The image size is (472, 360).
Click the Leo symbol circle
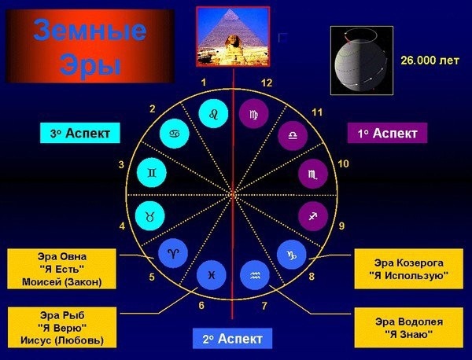(x=213, y=114)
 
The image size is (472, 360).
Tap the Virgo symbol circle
(x=253, y=114)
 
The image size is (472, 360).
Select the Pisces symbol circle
(x=212, y=275)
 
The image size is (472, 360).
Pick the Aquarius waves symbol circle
(x=255, y=275)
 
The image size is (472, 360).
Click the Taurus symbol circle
(x=150, y=216)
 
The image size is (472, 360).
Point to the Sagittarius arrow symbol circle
(x=313, y=216)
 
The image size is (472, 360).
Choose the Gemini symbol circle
(x=152, y=173)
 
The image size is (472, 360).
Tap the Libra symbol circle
(x=293, y=136)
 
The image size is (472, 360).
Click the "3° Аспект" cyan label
(x=80, y=133)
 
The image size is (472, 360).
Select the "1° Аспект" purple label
(x=387, y=133)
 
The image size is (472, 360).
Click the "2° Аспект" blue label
(x=232, y=339)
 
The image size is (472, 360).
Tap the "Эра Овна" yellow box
(x=61, y=269)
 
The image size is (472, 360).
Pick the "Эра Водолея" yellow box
(x=409, y=328)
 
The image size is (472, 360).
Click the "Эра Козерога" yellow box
(x=409, y=269)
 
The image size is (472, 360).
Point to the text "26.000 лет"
(x=430, y=61)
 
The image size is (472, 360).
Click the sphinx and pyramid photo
(x=233, y=36)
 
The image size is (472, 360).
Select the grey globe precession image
(x=362, y=61)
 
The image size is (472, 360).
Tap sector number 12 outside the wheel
(x=267, y=83)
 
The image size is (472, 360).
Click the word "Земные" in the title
(x=90, y=30)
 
